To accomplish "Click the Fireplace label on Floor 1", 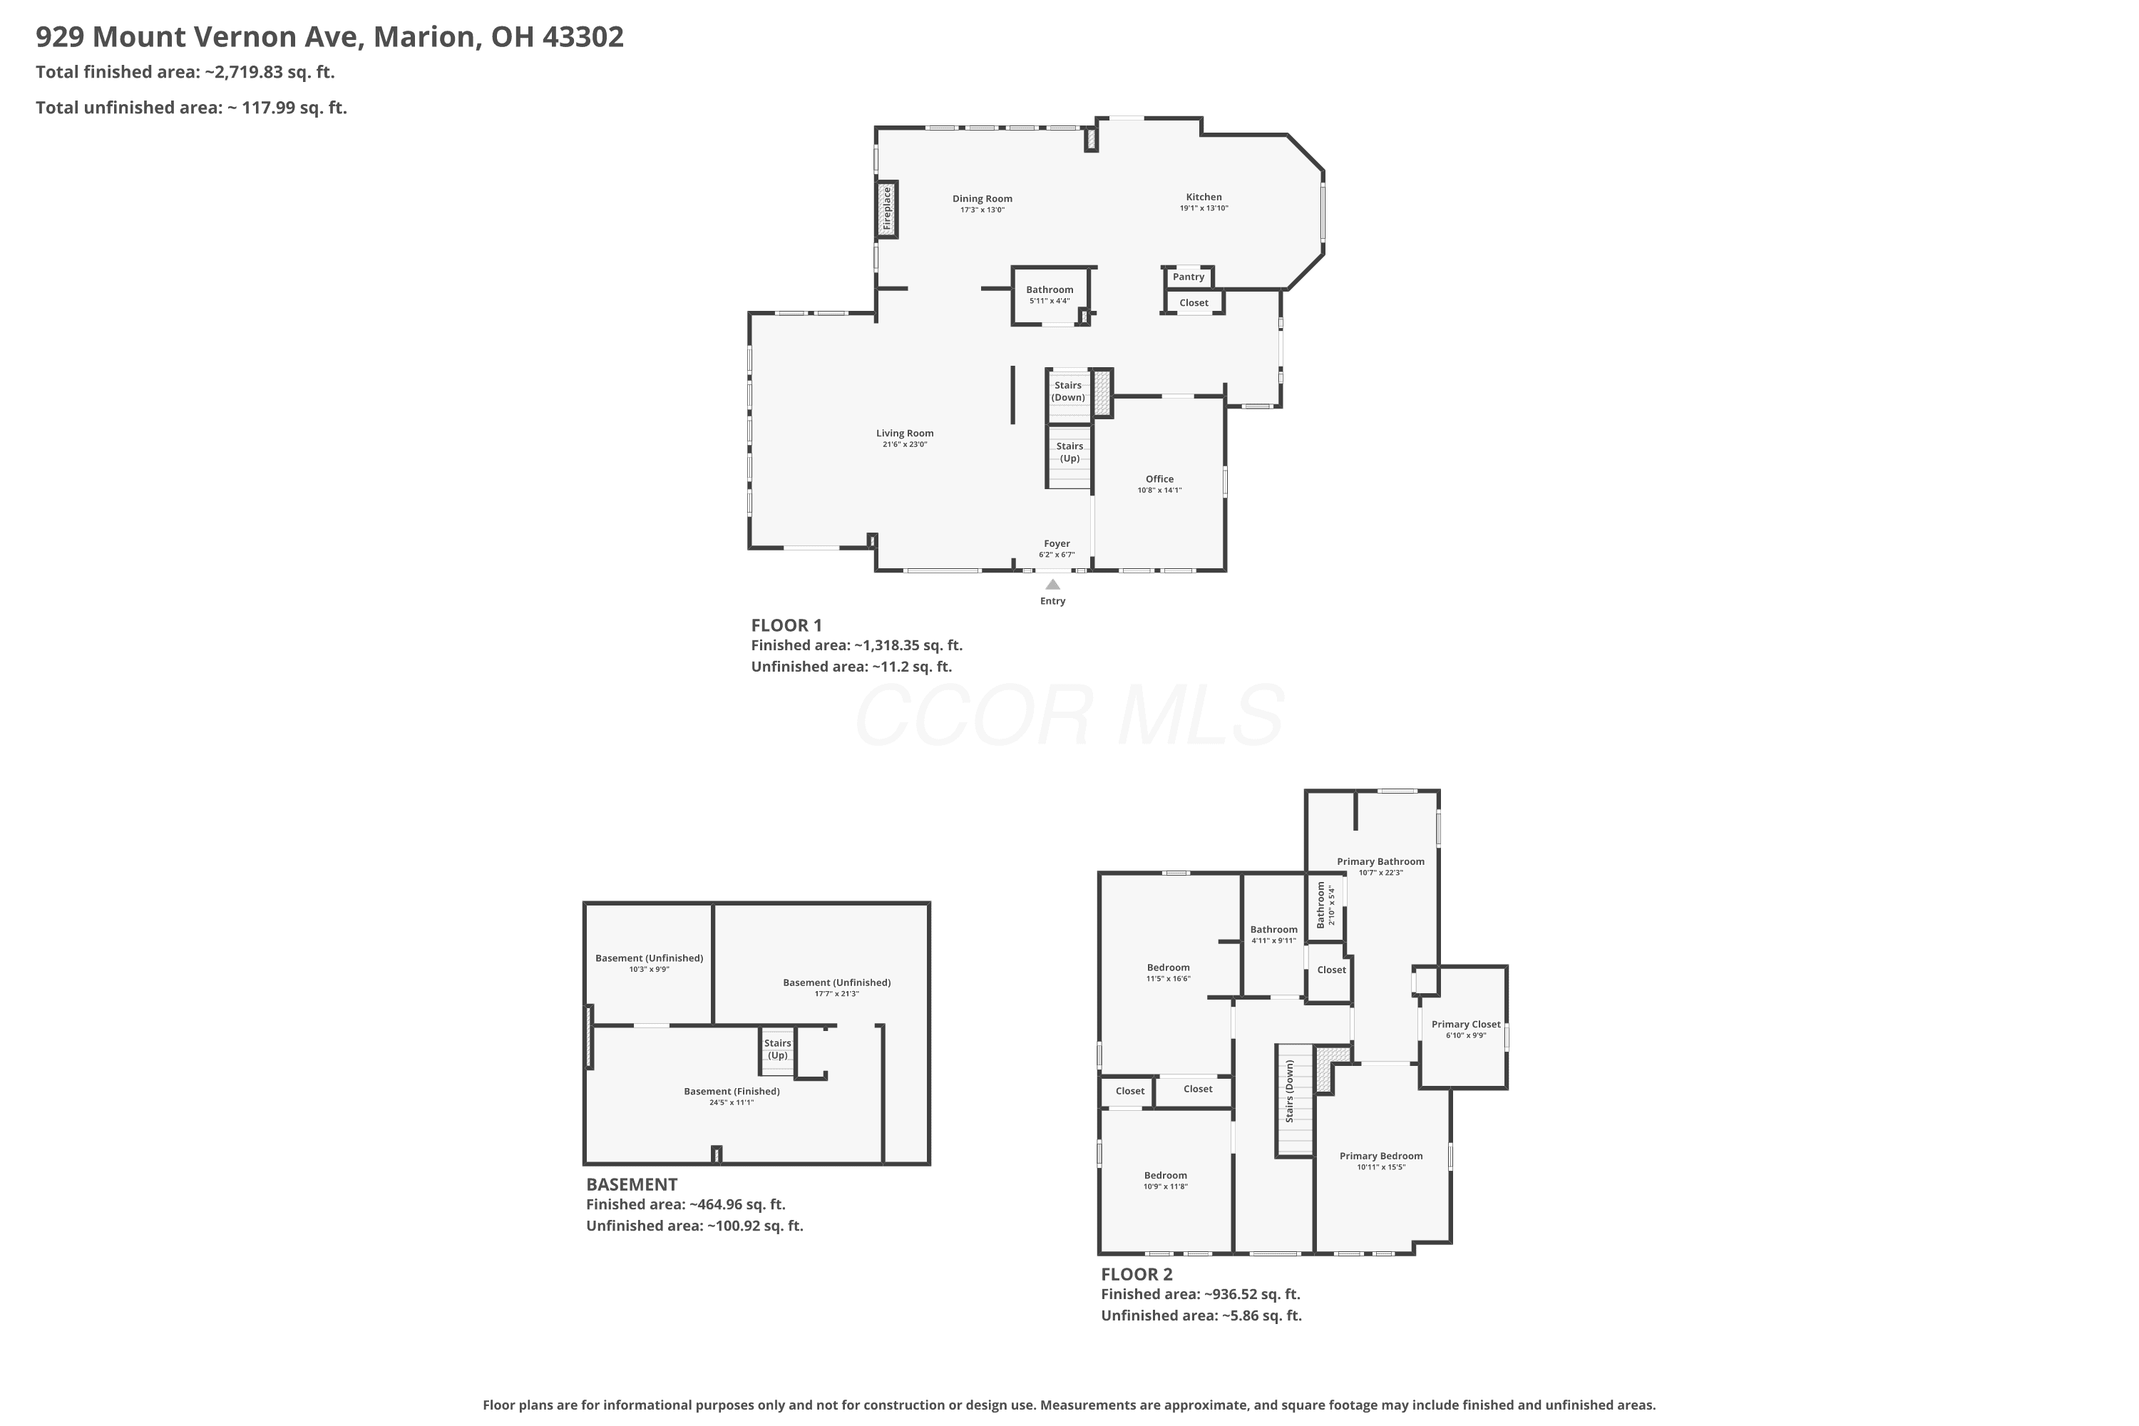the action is pyautogui.click(x=887, y=208).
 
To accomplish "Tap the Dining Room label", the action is pyautogui.click(x=983, y=198).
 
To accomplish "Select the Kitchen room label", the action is pyautogui.click(x=1204, y=197).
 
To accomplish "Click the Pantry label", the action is pyautogui.click(x=1188, y=277).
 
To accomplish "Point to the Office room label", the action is pyautogui.click(x=1159, y=478).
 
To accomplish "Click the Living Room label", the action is pyautogui.click(x=905, y=433).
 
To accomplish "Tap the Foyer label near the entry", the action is pyautogui.click(x=1057, y=543).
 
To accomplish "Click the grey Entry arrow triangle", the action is pyautogui.click(x=1052, y=585).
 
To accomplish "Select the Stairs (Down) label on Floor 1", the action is pyautogui.click(x=1069, y=391).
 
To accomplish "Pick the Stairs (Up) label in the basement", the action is pyautogui.click(x=778, y=1049).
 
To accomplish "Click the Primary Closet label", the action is pyautogui.click(x=1466, y=1024).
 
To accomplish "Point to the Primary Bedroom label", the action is pyautogui.click(x=1382, y=1156).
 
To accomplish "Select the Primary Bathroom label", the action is pyautogui.click(x=1380, y=861).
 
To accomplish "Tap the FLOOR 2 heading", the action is pyautogui.click(x=1137, y=1274).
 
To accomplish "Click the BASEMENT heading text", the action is pyautogui.click(x=632, y=1184).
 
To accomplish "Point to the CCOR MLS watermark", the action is pyautogui.click(x=1069, y=716).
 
